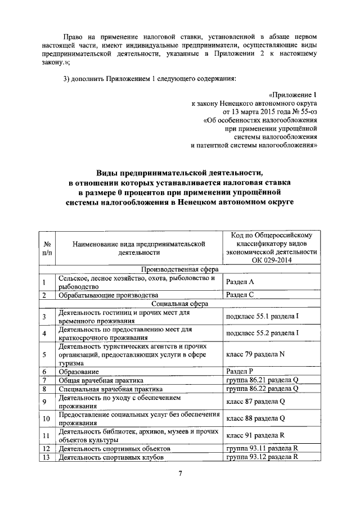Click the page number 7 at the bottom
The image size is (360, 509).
point(180,472)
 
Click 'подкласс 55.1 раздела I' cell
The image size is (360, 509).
point(262,317)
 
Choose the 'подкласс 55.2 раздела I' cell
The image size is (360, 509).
point(262,334)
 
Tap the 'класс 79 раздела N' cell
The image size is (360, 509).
point(255,355)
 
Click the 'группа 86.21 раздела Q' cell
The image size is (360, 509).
point(261,380)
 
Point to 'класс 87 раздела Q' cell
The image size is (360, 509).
point(255,402)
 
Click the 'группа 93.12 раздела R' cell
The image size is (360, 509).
point(261,457)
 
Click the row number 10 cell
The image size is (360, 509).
point(47,418)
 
